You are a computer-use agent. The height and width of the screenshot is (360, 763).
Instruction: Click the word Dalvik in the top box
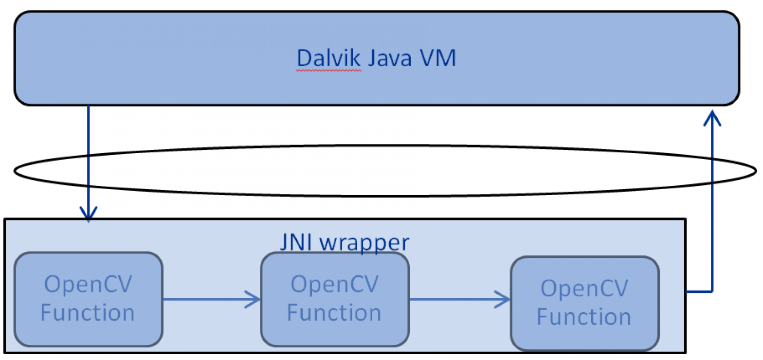coord(328,59)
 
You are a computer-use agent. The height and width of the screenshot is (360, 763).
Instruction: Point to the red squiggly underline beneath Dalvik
coord(328,71)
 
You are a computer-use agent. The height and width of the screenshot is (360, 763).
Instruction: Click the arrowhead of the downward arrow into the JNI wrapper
coord(89,214)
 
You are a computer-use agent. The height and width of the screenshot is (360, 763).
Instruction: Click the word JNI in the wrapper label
coord(295,242)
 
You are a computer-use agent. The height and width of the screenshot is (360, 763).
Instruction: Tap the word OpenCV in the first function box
coord(88,284)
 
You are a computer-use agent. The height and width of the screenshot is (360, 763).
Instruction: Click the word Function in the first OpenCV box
coord(88,312)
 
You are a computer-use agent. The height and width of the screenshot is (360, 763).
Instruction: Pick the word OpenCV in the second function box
coord(334,284)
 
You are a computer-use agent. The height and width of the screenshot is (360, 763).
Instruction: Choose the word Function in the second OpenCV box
coord(334,312)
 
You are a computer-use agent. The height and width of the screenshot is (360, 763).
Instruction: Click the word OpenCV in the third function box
coord(584,288)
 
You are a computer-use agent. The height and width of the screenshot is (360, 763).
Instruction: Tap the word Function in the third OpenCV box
coord(584,317)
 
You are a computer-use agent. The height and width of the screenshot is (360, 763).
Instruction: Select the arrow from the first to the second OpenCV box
coord(209,299)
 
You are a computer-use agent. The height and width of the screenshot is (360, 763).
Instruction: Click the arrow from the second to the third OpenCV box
coord(457,299)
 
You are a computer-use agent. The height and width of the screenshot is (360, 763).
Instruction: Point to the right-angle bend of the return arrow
coord(712,292)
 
